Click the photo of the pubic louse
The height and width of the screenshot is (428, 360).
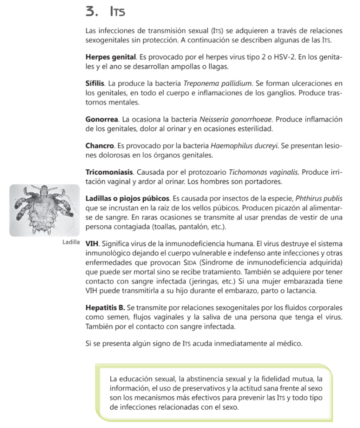pos(44,210)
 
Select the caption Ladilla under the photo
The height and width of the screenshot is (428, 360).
pos(71,242)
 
